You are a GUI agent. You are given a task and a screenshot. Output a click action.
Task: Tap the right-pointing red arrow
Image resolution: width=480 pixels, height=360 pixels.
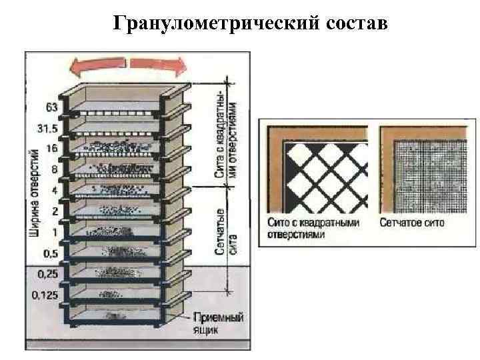pyautogui.click(x=158, y=65)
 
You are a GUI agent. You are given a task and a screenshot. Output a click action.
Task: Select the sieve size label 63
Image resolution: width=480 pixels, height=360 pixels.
pyautogui.click(x=51, y=107)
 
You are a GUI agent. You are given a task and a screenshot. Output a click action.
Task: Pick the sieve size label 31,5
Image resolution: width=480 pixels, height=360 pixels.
pyautogui.click(x=48, y=128)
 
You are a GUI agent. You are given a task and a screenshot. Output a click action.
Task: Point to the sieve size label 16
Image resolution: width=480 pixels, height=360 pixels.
pyautogui.click(x=51, y=148)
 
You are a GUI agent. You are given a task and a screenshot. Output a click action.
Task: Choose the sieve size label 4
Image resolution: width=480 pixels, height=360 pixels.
pyautogui.click(x=54, y=190)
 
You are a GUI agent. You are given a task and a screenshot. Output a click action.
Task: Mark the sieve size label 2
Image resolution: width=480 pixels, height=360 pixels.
pyautogui.click(x=54, y=211)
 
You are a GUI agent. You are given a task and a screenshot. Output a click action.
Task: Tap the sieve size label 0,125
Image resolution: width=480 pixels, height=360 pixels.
pyautogui.click(x=44, y=294)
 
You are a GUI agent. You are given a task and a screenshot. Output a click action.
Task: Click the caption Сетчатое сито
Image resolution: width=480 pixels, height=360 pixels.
pyautogui.click(x=411, y=223)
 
